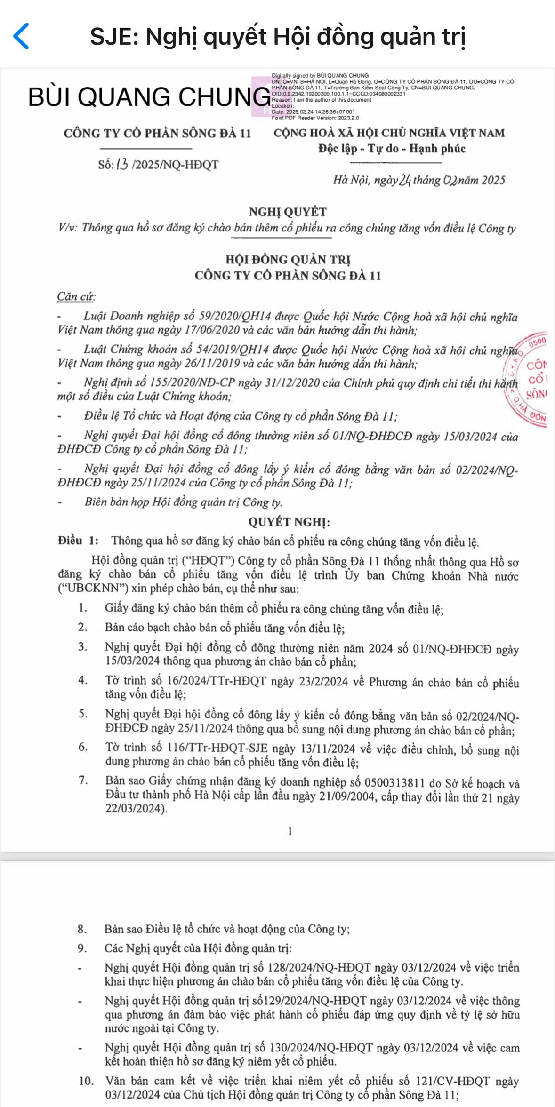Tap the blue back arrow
tap(21, 36)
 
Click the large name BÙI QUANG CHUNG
tap(149, 97)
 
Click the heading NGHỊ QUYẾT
tap(287, 212)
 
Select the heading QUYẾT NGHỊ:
tap(289, 522)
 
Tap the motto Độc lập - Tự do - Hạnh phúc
tap(392, 149)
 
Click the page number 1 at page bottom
tap(290, 831)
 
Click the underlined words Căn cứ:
tap(76, 297)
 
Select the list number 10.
tap(86, 1081)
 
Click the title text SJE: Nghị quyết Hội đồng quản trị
tap(278, 36)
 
